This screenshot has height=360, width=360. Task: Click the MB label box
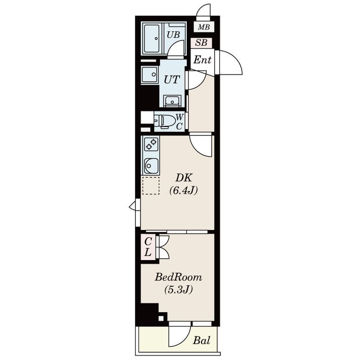203,27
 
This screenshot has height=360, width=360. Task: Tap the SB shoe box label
201,43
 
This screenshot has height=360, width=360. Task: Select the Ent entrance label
202,60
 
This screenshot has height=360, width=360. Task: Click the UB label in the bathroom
173,35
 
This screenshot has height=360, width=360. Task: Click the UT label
172,80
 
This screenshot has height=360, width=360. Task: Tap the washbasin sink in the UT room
172,100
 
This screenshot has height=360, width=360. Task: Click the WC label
179,121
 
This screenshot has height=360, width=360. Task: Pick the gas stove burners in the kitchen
151,144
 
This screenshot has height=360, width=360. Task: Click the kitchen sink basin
151,166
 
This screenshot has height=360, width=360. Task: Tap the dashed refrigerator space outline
151,185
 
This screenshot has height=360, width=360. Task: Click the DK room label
184,178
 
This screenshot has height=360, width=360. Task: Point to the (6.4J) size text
183,190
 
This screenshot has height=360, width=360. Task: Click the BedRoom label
178,277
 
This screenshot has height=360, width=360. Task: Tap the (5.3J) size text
178,290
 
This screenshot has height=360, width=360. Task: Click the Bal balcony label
201,340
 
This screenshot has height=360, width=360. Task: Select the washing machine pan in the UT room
150,75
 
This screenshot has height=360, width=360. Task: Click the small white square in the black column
161,318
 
